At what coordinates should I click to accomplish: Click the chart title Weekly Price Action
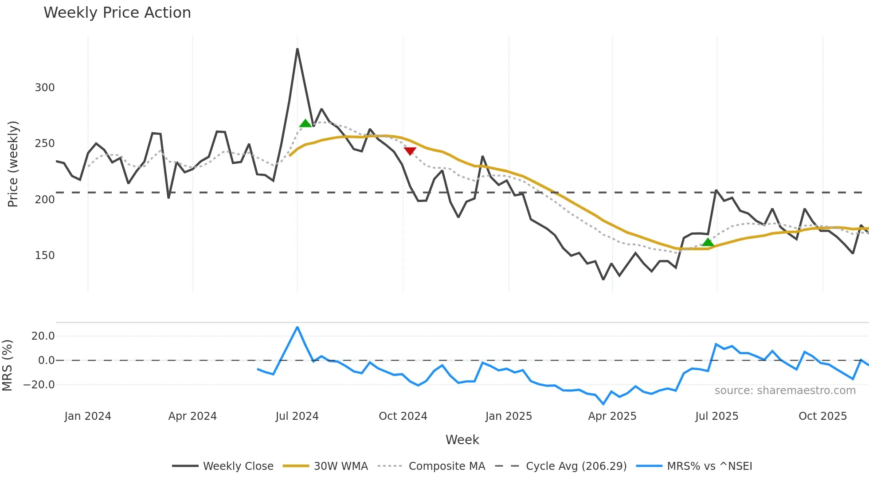[117, 13]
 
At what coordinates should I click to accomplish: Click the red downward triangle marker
[410, 151]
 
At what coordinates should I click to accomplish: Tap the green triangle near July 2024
[305, 124]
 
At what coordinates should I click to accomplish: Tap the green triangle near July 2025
[708, 242]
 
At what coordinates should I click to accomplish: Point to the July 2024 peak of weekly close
[297, 49]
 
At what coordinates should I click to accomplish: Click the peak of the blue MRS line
[297, 327]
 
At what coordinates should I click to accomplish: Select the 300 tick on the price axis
[45, 88]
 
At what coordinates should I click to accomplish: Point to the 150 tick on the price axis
[45, 256]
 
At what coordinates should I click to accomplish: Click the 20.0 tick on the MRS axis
[43, 336]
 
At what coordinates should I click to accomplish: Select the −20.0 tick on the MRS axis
[39, 385]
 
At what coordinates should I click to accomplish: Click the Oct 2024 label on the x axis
[403, 416]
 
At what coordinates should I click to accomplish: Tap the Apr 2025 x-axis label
[612, 416]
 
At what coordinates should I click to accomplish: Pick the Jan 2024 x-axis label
[88, 416]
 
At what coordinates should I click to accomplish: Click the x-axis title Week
[462, 440]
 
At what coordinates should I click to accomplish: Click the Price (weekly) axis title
[13, 164]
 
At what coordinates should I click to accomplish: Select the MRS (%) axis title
[7, 365]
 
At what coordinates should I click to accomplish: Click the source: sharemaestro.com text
[785, 391]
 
